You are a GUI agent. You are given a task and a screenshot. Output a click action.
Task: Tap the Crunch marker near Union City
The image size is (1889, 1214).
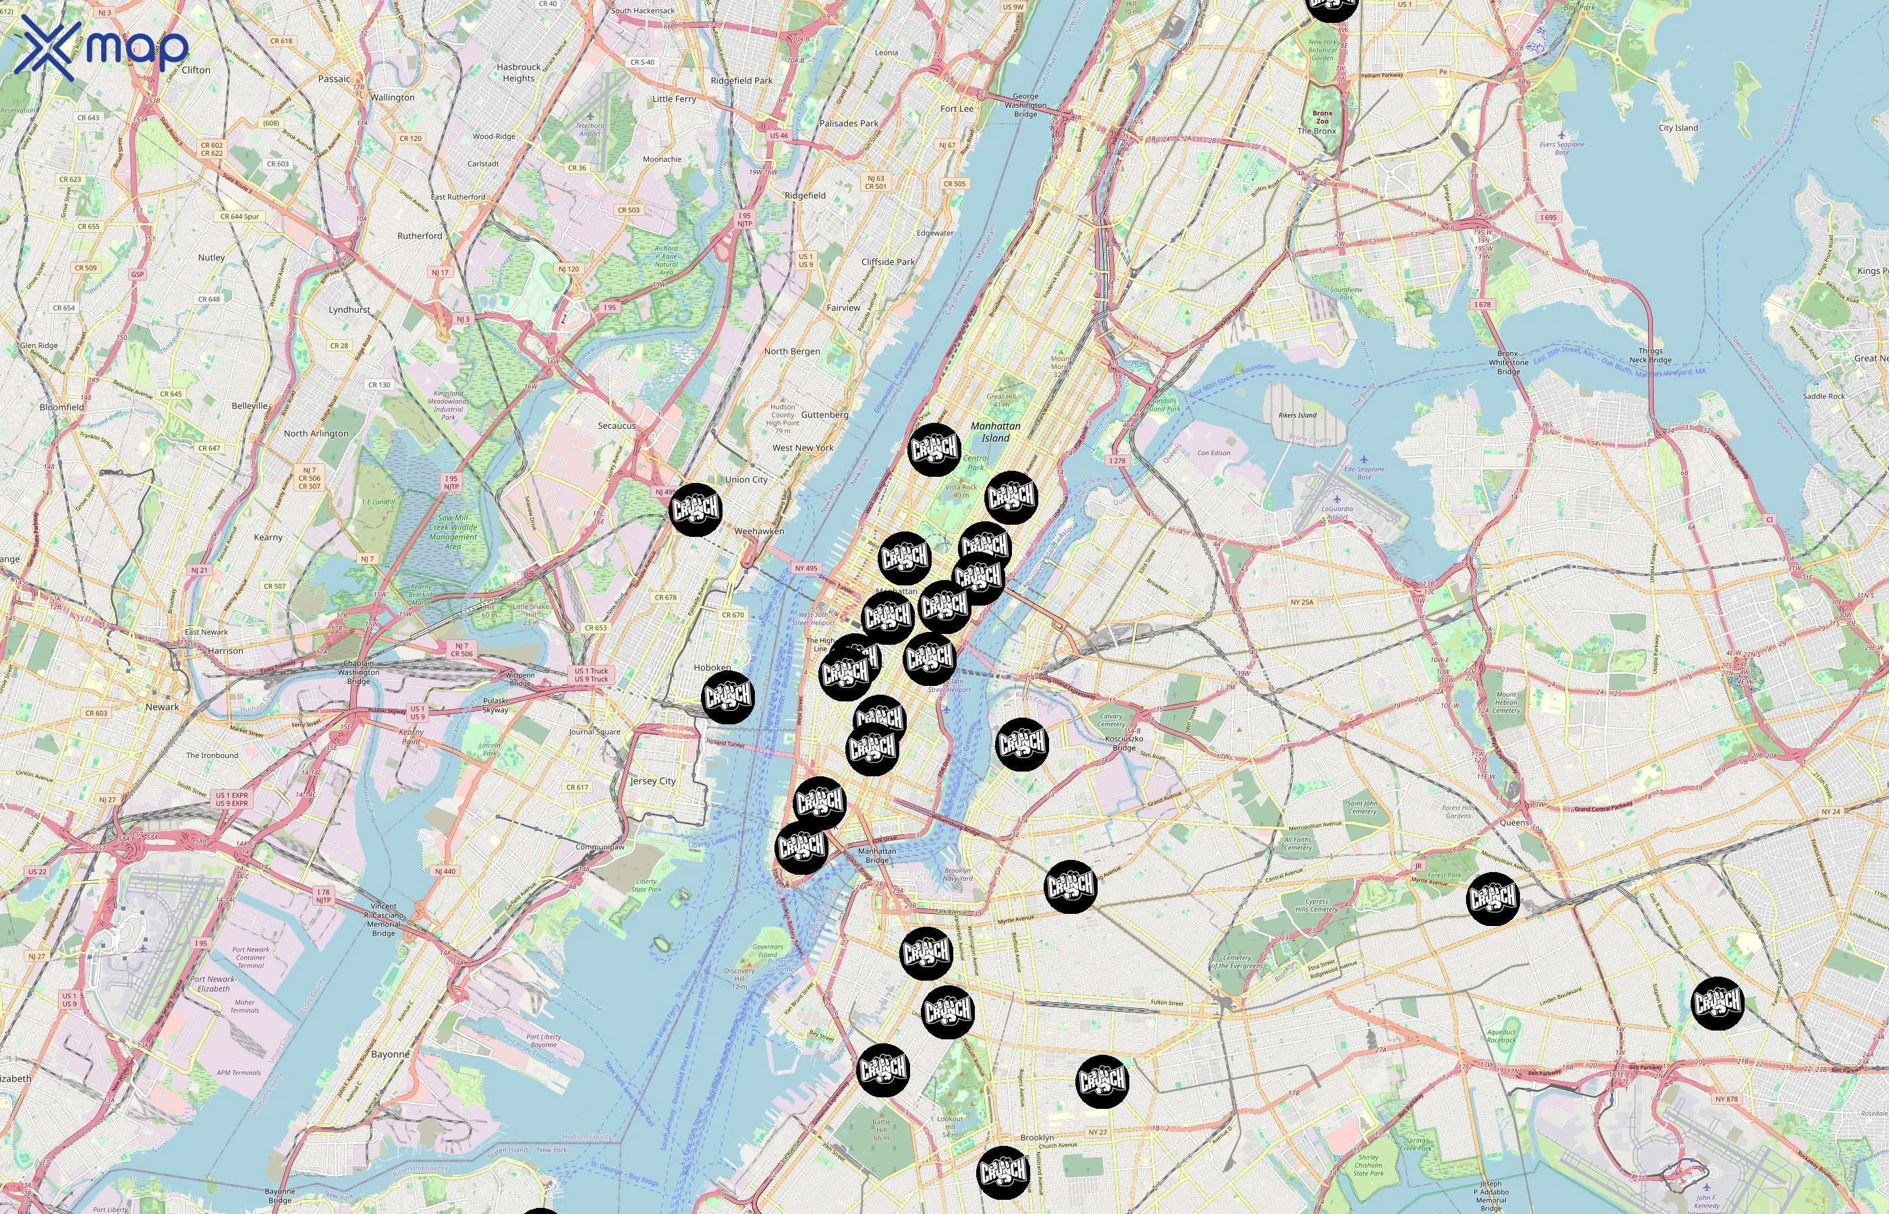pos(696,510)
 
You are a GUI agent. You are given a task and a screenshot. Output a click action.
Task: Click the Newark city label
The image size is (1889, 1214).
pos(163,707)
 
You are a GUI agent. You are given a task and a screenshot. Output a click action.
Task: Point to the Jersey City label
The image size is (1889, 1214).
pos(653,781)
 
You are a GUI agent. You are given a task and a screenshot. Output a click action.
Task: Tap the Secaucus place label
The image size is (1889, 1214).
pos(617,426)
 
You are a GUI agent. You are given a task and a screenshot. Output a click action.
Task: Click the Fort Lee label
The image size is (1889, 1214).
pos(957,109)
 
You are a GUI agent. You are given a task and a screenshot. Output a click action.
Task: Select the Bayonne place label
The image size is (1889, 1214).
pos(390,1054)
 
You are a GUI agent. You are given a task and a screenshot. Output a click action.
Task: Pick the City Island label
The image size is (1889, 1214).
pos(1678,127)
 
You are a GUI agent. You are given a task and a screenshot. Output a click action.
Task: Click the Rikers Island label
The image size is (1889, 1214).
pos(1297,415)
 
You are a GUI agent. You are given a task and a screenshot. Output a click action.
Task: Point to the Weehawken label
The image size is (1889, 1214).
pos(759,531)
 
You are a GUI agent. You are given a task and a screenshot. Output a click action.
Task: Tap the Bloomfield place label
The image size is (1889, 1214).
pos(61,407)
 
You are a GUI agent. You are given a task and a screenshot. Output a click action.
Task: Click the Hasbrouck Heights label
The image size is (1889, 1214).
pos(519,73)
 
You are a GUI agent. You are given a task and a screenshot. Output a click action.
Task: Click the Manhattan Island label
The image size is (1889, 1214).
pos(995,432)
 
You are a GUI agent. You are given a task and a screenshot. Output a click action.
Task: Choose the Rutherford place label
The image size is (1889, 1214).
pos(420,235)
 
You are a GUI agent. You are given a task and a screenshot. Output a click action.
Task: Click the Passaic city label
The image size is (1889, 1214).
pos(334,79)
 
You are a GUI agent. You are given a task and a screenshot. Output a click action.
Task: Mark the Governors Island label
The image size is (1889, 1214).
pos(767,951)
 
